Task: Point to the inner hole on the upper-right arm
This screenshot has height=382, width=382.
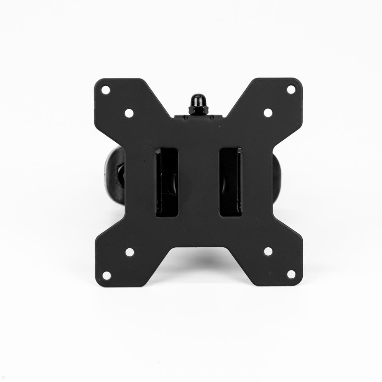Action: click(267, 112)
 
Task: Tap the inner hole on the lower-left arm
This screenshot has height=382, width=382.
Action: click(129, 251)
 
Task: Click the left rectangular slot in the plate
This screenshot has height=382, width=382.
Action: click(166, 181)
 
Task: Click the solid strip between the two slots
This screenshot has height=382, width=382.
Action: click(198, 181)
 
